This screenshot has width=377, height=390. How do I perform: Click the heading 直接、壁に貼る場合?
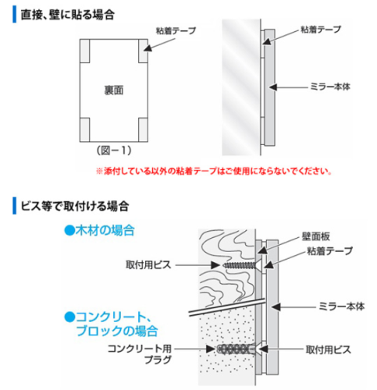coord(68,15)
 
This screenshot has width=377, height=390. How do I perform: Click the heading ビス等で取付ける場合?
coord(75,206)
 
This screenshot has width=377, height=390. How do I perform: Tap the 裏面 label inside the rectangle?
coord(114,90)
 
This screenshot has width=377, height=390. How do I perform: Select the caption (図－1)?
coord(114,151)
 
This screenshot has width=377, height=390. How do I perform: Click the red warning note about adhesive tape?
coord(214,171)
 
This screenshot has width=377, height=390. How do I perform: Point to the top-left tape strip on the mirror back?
coord(85,51)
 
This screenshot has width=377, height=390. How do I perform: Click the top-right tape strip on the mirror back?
coord(143,51)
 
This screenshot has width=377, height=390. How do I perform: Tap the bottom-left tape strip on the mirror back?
coord(85,129)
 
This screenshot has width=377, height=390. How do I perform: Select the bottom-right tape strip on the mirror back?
coord(143,129)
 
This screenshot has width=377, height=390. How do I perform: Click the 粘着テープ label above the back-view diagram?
coord(176,31)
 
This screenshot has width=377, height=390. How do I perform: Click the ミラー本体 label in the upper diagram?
coord(330,87)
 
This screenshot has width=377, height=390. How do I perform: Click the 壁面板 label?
coord(316,236)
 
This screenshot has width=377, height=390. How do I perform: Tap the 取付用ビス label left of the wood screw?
coord(148,265)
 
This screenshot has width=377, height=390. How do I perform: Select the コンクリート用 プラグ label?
coord(140,354)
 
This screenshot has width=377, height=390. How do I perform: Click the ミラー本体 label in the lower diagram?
coord(342,307)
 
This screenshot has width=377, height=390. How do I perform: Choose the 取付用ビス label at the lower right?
coord(329,350)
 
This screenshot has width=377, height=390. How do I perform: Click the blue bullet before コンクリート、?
coord(69,317)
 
